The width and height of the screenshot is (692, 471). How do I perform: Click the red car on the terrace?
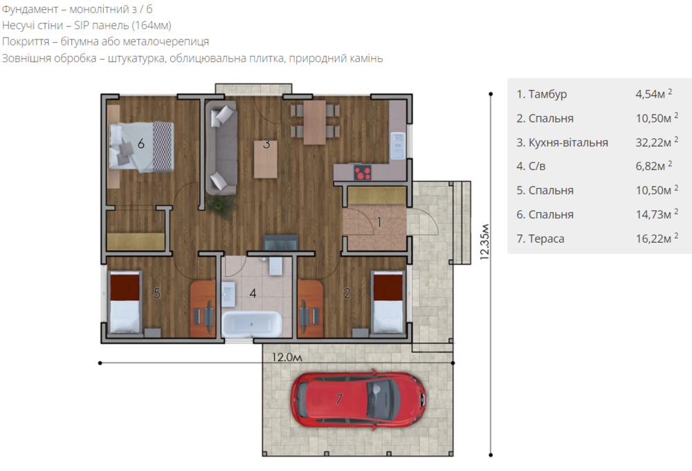(358, 399)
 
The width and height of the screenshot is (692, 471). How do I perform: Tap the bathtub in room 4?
(252, 324)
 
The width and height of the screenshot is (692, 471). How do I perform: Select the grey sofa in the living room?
(221, 148)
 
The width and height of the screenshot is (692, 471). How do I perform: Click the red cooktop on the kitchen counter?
(363, 172)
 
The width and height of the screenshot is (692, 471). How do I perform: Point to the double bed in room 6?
(141, 147)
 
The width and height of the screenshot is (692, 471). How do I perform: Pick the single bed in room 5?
(125, 302)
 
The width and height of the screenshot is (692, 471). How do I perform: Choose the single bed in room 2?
(388, 302)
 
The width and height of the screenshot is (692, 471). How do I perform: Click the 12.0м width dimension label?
(287, 357)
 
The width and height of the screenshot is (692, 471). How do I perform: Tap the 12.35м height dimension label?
(484, 241)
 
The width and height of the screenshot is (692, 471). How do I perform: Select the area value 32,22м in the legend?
(653, 142)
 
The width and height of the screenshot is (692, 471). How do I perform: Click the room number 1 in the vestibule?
(379, 222)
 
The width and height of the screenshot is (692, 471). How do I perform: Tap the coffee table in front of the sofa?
(266, 159)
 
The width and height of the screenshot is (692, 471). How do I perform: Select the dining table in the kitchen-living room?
(315, 122)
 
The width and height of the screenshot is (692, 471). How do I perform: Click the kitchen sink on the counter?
(398, 145)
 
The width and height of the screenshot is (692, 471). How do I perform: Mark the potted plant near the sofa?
(222, 205)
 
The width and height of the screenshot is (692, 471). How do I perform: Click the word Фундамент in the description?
(30, 9)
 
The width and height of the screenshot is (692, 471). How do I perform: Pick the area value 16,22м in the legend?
(653, 239)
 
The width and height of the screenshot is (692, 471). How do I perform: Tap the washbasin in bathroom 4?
(228, 294)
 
